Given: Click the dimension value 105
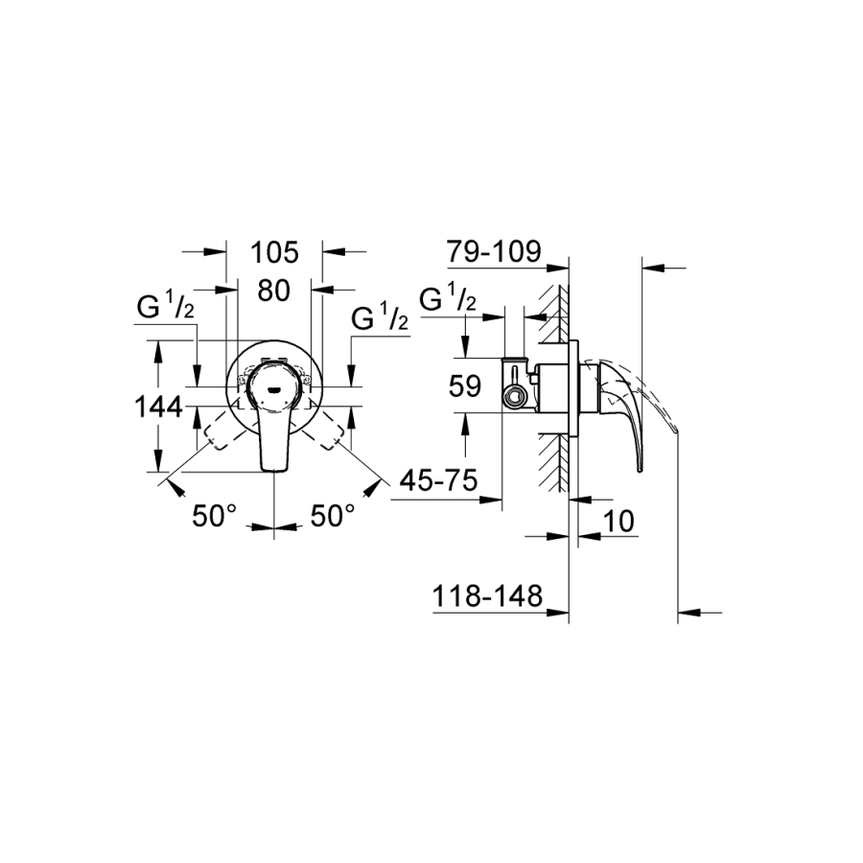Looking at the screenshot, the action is click(x=274, y=252).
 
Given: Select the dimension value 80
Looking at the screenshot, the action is click(x=273, y=290).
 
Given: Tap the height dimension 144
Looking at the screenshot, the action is click(x=158, y=408).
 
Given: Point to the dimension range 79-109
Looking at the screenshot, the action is click(x=494, y=251).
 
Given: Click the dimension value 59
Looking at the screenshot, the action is click(x=465, y=385).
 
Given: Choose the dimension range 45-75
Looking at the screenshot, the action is click(x=438, y=481).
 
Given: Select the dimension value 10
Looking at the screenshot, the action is click(x=618, y=522).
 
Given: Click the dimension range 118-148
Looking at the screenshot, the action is click(x=487, y=596).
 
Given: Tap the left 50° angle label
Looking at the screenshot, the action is click(x=214, y=516).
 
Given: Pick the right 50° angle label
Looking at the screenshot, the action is click(x=333, y=516).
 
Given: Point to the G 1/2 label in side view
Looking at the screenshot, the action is click(x=448, y=298).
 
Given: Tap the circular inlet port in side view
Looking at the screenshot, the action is click(x=515, y=395).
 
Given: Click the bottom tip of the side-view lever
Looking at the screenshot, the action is click(x=640, y=471).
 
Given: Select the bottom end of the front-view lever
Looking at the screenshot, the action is click(x=274, y=471).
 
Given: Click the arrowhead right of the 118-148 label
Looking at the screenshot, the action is click(x=557, y=611).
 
